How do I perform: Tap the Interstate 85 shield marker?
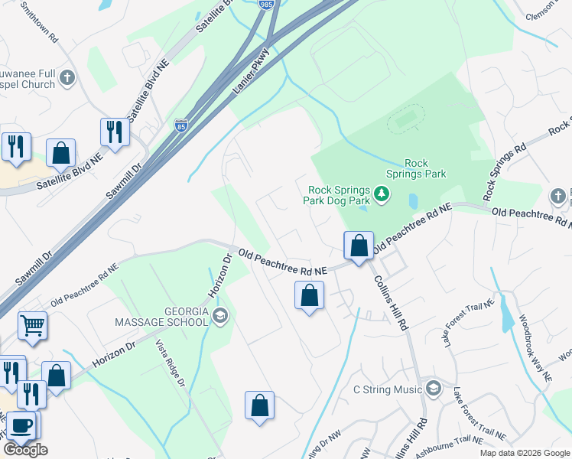click(180, 124)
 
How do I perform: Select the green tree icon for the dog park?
click(382, 197)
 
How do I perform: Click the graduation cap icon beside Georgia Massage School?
click(220, 316)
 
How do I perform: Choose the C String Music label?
click(387, 389)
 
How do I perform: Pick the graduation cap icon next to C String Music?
click(434, 389)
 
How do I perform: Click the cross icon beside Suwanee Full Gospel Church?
click(68, 77)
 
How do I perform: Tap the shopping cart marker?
click(33, 326)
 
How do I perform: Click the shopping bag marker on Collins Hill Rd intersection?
click(359, 246)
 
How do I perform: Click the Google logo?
click(25, 450)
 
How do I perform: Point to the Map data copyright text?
click(524, 453)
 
